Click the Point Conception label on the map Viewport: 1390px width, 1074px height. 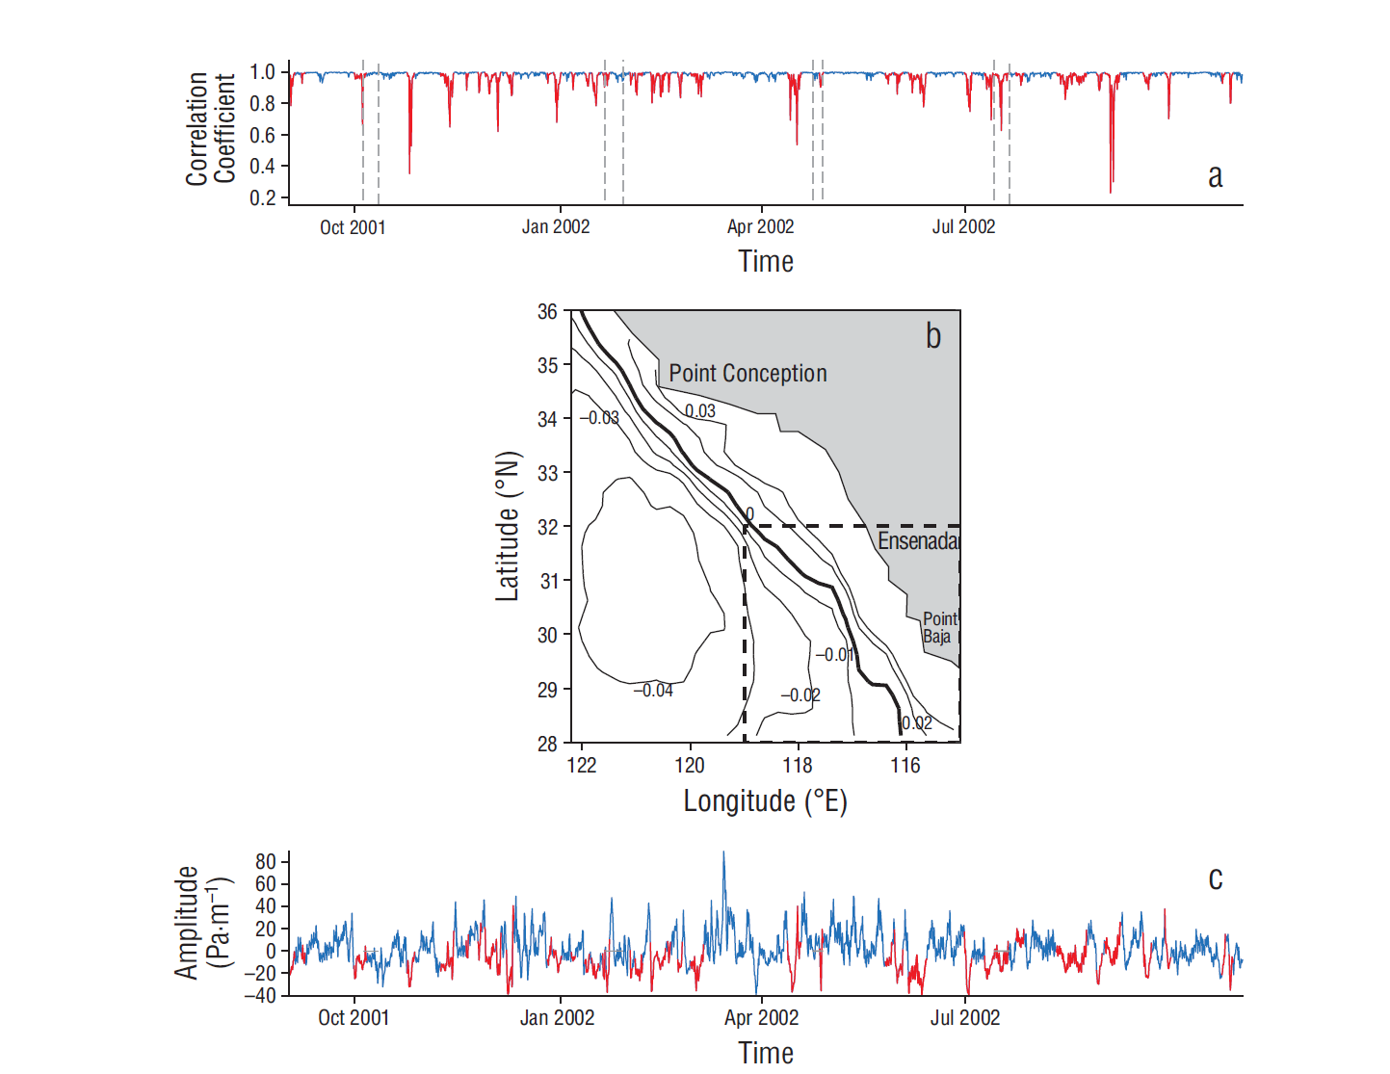[x=747, y=374]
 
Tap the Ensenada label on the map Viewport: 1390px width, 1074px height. [x=917, y=541]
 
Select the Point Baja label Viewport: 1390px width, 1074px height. [x=939, y=627]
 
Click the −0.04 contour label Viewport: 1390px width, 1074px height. [x=653, y=691]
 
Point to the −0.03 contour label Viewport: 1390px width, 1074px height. [x=599, y=418]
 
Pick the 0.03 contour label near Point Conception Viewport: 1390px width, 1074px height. [x=700, y=411]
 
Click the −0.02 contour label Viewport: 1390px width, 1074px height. [x=800, y=695]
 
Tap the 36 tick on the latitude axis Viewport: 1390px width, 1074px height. [x=547, y=311]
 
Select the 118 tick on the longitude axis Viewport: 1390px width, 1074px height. [x=798, y=766]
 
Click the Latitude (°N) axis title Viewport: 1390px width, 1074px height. [x=508, y=526]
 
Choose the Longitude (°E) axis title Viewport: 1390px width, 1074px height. [x=765, y=801]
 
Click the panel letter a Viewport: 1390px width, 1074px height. [x=1216, y=176]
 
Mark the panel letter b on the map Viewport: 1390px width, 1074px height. [x=932, y=336]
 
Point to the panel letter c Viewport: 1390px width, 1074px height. [x=1216, y=878]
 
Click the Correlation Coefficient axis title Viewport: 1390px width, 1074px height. [x=211, y=128]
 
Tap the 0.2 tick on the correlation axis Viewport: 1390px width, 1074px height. [x=262, y=197]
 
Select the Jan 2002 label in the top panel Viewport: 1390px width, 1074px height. [x=556, y=227]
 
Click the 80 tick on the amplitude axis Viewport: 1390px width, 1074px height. [x=265, y=861]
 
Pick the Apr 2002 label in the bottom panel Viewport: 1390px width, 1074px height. [x=761, y=1018]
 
